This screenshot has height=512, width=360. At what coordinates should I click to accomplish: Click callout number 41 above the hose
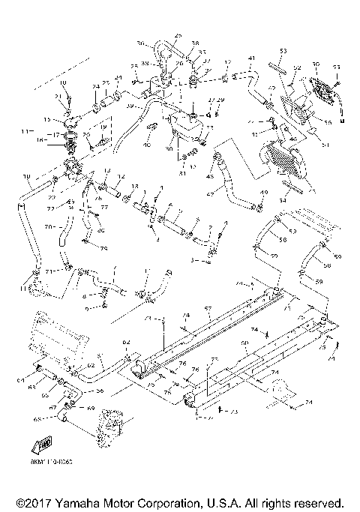click(x=252, y=58)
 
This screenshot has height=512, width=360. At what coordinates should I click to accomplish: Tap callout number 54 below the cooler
click(x=283, y=200)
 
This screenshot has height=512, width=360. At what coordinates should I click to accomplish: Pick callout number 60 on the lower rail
click(x=244, y=343)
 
